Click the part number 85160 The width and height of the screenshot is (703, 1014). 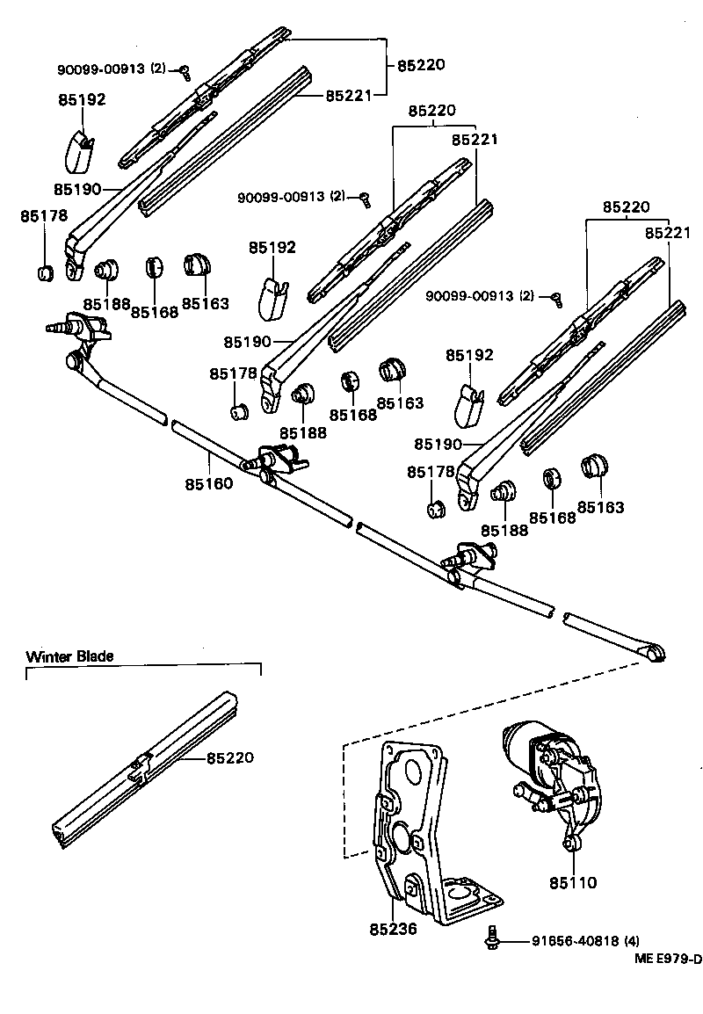(x=208, y=483)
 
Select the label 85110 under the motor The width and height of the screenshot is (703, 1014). (x=573, y=882)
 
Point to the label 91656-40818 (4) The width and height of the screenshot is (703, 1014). (x=585, y=940)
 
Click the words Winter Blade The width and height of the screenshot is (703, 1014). (x=69, y=656)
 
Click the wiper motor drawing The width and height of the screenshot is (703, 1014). (x=549, y=773)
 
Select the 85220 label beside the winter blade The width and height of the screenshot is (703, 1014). (x=230, y=757)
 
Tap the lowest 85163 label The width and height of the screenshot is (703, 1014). (x=600, y=507)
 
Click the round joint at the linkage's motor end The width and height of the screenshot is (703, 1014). (x=655, y=652)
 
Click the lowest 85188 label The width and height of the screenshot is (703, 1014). (x=504, y=530)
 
